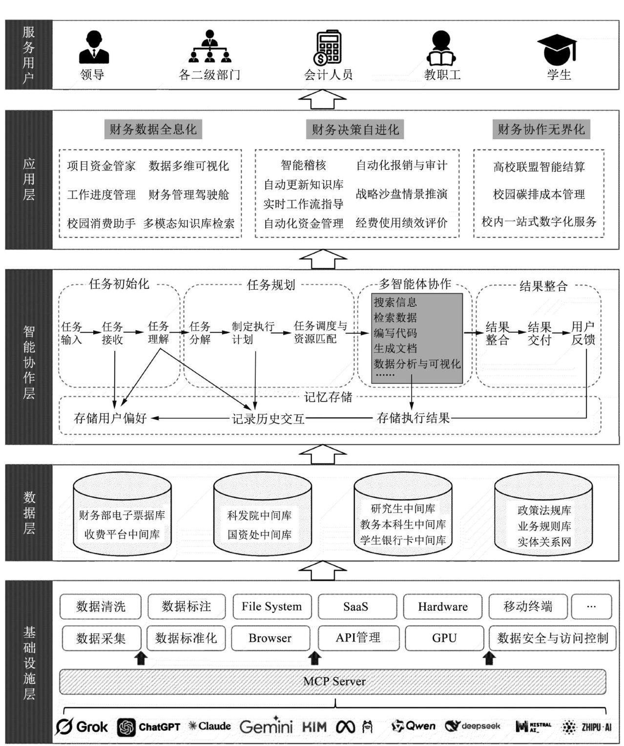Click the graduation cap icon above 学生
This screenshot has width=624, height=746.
557,49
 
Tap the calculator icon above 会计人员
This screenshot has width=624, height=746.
328,48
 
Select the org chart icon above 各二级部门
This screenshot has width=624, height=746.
210,47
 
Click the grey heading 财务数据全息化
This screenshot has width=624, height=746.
153,129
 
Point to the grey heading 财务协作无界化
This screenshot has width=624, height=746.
541,129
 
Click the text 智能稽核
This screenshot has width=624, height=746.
303,165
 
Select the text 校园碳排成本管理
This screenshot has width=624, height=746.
539,194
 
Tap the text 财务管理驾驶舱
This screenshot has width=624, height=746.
188,195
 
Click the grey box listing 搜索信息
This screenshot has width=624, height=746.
416,338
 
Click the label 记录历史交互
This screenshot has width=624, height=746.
268,419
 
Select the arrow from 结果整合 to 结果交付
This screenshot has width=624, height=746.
518,333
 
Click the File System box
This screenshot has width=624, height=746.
271,606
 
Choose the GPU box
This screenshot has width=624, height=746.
444,638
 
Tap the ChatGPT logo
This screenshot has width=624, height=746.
149,727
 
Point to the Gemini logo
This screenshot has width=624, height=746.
266,726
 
